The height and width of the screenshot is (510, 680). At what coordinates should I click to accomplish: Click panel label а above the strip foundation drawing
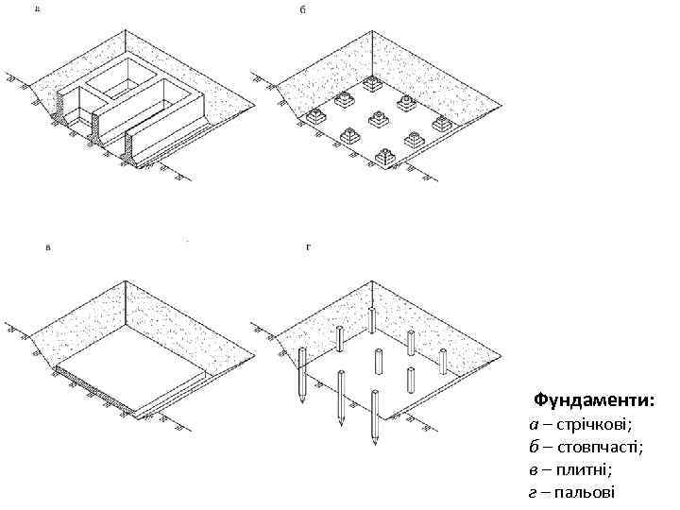(37, 10)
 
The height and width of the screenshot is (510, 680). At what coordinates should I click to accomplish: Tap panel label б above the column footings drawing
(303, 10)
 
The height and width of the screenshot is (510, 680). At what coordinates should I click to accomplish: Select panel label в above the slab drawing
(48, 247)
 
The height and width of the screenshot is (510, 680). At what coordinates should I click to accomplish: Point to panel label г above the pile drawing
(309, 247)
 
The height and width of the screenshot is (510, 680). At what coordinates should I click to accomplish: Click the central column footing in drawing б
(378, 120)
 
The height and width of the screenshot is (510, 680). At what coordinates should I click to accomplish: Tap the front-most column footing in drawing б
(386, 157)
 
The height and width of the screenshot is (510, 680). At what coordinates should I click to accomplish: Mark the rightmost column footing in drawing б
(441, 124)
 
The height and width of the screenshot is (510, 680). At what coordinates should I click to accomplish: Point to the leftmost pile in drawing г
(301, 373)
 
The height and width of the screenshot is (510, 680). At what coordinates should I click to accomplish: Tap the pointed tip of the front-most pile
(375, 443)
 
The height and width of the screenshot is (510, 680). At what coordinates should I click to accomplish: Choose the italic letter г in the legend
(533, 492)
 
